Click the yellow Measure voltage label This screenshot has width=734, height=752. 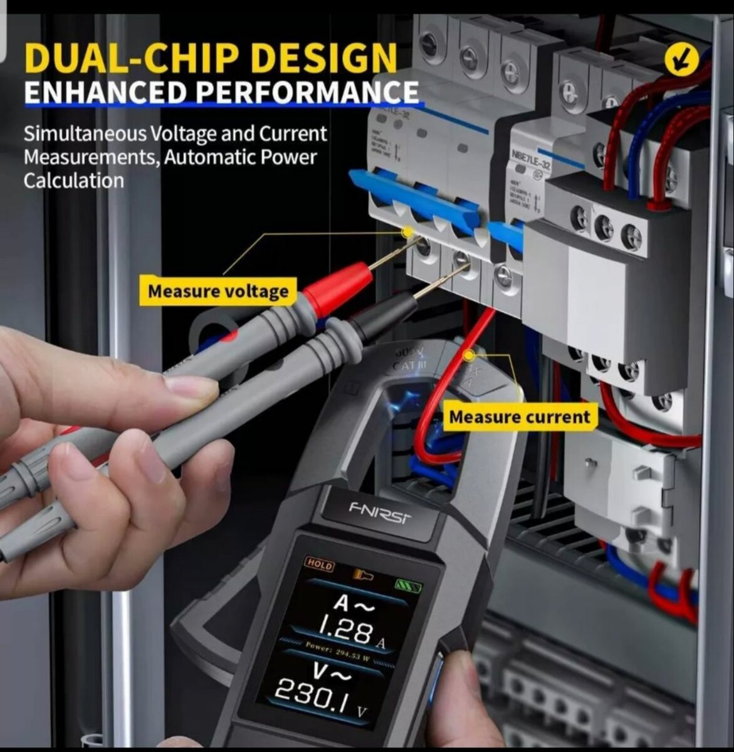(x=218, y=291)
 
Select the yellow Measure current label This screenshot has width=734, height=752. (x=519, y=417)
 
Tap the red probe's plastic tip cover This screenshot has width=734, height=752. (x=338, y=288)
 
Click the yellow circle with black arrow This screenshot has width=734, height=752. (x=682, y=60)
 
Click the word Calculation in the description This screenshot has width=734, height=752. (x=74, y=180)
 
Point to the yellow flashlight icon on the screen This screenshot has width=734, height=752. (x=360, y=573)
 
